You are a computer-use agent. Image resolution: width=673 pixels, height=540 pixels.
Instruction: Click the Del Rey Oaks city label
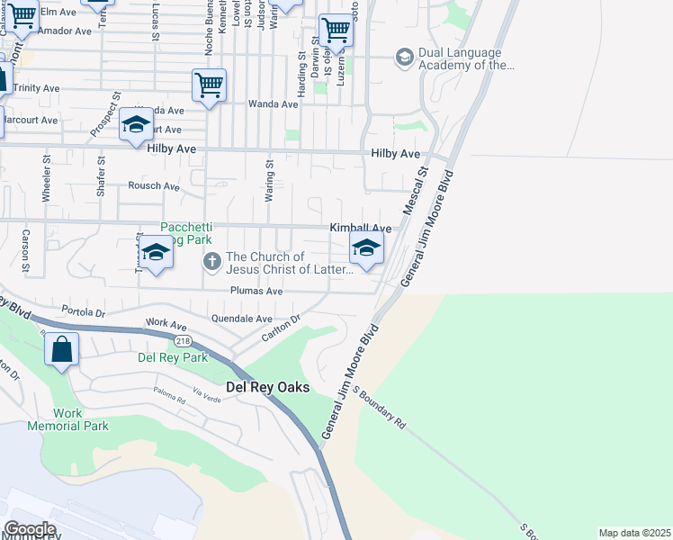pos(266,387)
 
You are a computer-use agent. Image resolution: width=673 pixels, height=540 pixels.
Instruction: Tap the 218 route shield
pos(184,341)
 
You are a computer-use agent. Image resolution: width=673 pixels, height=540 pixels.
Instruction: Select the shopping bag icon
pos(61,348)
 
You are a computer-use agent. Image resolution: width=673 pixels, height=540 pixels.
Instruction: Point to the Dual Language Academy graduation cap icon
pos(404,58)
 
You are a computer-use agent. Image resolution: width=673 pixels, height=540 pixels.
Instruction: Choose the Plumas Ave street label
pos(256,292)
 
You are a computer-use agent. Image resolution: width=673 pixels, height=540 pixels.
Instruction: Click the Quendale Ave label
pos(241,319)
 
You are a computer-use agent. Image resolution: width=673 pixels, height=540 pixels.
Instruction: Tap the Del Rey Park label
pos(173,357)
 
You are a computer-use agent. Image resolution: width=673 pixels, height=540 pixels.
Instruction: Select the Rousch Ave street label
pos(154,186)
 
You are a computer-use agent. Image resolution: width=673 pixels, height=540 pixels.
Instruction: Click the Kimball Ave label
pos(360,229)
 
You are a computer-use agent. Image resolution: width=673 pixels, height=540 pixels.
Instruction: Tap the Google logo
pos(31,529)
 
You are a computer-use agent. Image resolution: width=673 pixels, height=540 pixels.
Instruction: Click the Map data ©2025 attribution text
pos(634,533)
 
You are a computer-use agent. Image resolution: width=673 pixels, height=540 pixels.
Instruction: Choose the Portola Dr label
pos(84,311)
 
